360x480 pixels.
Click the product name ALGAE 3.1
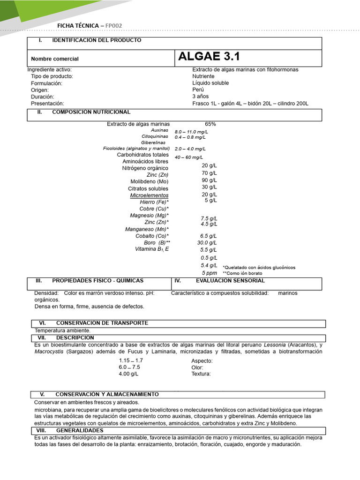click(x=209, y=57)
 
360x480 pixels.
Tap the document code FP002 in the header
click(x=115, y=25)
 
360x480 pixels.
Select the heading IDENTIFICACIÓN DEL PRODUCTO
click(x=97, y=40)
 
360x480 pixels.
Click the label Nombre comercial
click(x=55, y=59)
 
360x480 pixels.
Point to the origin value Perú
click(x=198, y=90)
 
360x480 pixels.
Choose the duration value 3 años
click(x=200, y=97)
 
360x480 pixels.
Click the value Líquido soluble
click(x=210, y=83)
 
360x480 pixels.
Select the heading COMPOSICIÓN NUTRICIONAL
click(x=91, y=112)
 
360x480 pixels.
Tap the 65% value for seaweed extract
click(x=210, y=124)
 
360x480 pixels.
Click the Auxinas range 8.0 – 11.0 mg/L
click(x=191, y=132)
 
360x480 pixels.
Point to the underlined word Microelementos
click(x=149, y=195)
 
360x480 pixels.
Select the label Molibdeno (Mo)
click(x=149, y=181)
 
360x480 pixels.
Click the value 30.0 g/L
click(x=207, y=243)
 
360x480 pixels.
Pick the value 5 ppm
click(x=210, y=273)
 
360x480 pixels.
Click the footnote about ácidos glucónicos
click(x=259, y=268)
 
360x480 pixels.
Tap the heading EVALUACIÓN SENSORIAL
click(x=230, y=281)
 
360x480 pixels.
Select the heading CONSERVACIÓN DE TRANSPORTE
click(x=102, y=323)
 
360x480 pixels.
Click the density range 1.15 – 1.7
click(x=131, y=360)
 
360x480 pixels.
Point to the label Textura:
click(x=201, y=374)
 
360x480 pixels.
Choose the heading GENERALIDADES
click(x=80, y=430)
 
